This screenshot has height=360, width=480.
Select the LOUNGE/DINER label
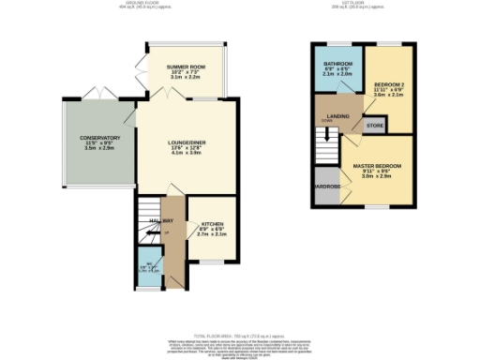(187, 142)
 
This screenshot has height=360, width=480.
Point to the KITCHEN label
(211, 225)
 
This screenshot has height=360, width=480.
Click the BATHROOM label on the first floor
(337, 64)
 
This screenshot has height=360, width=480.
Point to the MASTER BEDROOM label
(377, 165)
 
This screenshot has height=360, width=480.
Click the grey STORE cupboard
(374, 124)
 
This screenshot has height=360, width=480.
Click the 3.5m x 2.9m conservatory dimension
(98, 148)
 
